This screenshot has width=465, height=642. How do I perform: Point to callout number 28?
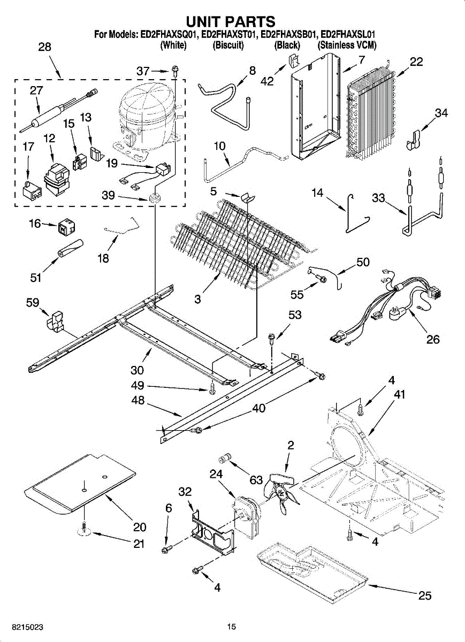[45, 47]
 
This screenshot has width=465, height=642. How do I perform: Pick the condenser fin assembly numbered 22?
[372, 115]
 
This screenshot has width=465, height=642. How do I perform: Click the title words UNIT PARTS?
[231, 21]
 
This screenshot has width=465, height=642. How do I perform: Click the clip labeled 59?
[54, 321]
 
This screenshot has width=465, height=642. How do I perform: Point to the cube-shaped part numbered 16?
[65, 227]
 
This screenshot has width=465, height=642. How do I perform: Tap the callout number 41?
[399, 395]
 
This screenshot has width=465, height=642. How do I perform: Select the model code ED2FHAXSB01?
[288, 35]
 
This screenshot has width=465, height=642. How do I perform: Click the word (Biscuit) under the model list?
[228, 45]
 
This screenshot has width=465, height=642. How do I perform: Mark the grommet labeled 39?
[156, 198]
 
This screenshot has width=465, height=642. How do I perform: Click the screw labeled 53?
[271, 338]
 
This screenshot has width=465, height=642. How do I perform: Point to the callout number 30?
[137, 370]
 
